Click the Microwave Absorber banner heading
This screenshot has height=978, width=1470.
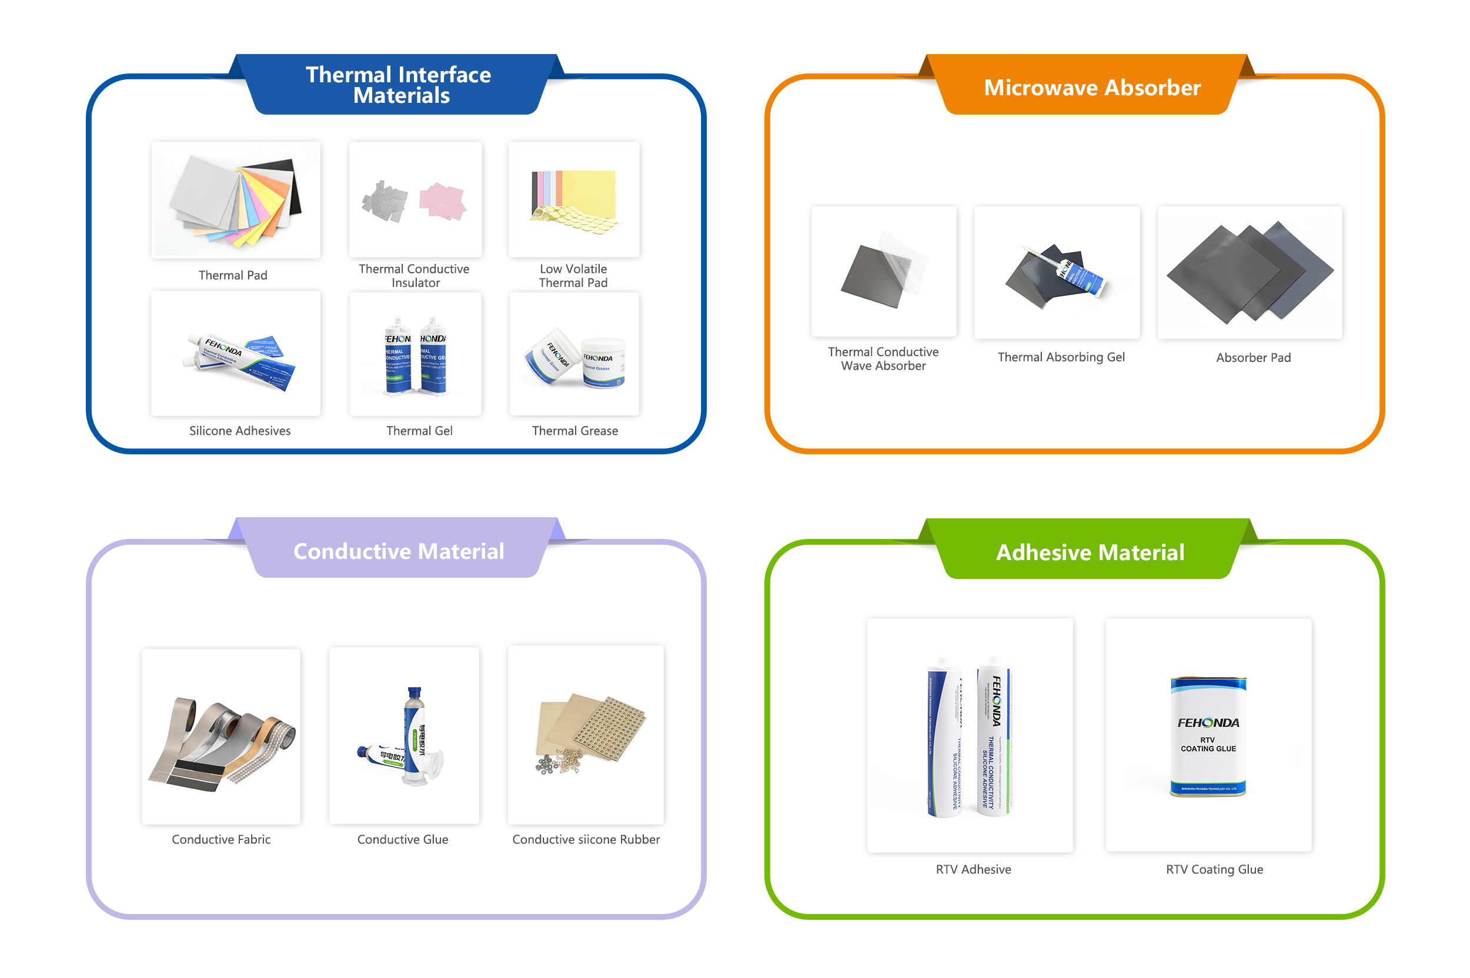[1091, 88]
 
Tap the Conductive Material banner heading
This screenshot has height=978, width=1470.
[398, 551]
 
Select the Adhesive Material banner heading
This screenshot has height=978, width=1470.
[1090, 552]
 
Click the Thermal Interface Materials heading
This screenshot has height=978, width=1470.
[398, 85]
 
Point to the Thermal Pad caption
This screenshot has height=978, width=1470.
[233, 275]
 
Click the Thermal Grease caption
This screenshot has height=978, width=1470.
[574, 430]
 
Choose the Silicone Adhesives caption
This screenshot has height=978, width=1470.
[239, 430]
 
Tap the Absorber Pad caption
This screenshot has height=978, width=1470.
[1253, 357]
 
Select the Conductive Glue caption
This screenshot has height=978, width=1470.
[402, 839]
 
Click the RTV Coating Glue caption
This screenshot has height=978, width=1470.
[1214, 869]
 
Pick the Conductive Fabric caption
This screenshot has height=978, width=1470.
[221, 839]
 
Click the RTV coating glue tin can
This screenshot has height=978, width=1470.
[1207, 736]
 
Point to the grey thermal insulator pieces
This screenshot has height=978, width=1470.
[385, 202]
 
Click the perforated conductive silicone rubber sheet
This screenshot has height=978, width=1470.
[609, 726]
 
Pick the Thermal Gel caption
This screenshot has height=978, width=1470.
[419, 430]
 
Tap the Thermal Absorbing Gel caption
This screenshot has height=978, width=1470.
[1061, 357]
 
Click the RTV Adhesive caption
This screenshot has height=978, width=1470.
[973, 869]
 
